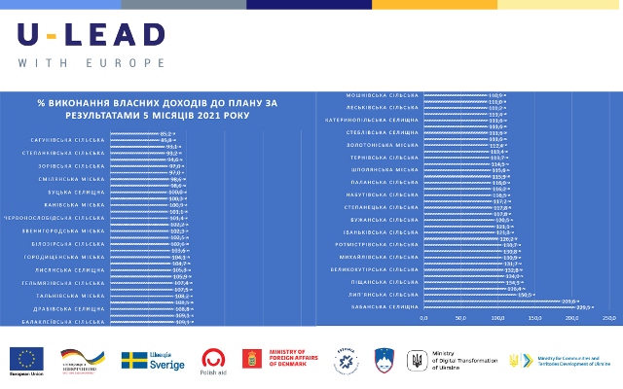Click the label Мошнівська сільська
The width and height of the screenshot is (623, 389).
[x=382, y=94]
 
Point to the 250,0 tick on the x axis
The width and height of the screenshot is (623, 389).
[x=609, y=318]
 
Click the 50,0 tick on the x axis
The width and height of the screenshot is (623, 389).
[x=460, y=318]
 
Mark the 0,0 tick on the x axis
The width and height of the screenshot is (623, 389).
[x=423, y=318]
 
